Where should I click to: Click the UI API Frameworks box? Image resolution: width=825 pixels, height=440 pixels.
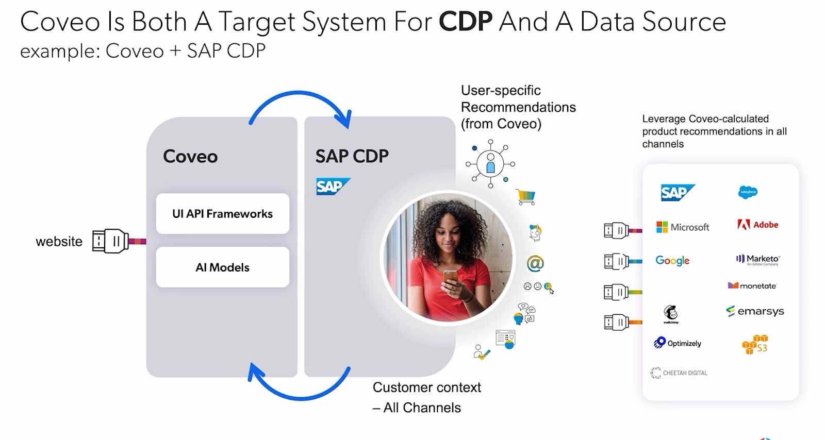(222, 214)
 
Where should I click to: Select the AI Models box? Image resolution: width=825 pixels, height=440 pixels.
(222, 267)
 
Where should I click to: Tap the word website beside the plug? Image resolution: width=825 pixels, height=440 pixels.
(59, 242)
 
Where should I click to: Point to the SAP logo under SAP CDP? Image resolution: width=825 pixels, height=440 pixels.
(333, 186)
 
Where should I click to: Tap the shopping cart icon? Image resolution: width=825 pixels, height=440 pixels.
(526, 196)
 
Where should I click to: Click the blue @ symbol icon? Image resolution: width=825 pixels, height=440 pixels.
(535, 263)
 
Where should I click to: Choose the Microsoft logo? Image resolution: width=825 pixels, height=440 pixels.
(683, 227)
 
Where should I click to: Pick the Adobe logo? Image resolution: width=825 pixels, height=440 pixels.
(757, 225)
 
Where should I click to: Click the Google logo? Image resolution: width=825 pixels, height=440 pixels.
(672, 261)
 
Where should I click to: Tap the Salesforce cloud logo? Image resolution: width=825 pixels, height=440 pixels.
(748, 192)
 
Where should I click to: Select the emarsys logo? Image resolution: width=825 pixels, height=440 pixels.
(755, 311)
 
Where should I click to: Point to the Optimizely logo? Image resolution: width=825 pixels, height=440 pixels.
(678, 343)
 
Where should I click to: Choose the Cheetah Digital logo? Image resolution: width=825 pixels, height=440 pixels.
(679, 373)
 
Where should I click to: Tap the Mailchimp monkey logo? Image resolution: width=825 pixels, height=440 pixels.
(670, 313)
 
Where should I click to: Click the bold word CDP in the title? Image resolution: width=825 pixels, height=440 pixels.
(466, 22)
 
